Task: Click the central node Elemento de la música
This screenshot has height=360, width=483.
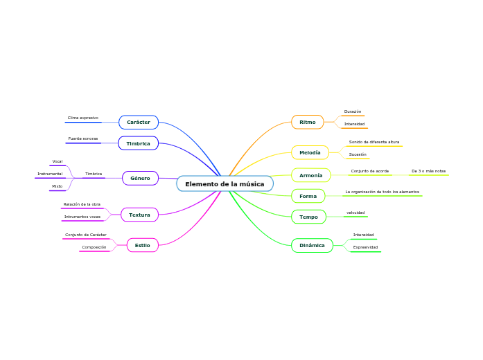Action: pyautogui.click(x=225, y=183)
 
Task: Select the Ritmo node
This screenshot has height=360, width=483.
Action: pyautogui.click(x=308, y=123)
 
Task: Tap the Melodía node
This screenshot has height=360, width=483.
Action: pyautogui.click(x=310, y=152)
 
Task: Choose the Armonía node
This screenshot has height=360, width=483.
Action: pyautogui.click(x=310, y=175)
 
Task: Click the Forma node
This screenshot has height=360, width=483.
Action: pyautogui.click(x=308, y=197)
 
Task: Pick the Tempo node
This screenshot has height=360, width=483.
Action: pyautogui.click(x=308, y=217)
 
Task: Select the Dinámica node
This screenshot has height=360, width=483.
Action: pyautogui.click(x=312, y=245)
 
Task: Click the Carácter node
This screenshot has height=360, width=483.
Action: pyautogui.click(x=139, y=123)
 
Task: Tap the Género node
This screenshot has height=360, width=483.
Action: pyautogui.click(x=140, y=178)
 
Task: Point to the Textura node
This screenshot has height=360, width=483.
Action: pyautogui.click(x=139, y=215)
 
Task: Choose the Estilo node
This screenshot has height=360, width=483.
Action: pyautogui.click(x=142, y=245)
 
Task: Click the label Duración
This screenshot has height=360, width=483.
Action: pyautogui.click(x=353, y=111)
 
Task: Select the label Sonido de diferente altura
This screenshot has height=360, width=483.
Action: pyautogui.click(x=374, y=142)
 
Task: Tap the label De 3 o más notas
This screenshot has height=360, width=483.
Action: pyautogui.click(x=428, y=170)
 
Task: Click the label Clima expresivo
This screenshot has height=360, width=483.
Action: pyautogui.click(x=82, y=118)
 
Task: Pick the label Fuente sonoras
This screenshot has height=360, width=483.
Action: pyautogui.click(x=82, y=138)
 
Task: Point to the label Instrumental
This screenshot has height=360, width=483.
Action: pyautogui.click(x=50, y=174)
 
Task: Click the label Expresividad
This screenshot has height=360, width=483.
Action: pyautogui.click(x=365, y=247)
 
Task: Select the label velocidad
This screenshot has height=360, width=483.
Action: pyautogui.click(x=355, y=213)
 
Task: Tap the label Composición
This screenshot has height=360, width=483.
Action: pyautogui.click(x=94, y=247)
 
